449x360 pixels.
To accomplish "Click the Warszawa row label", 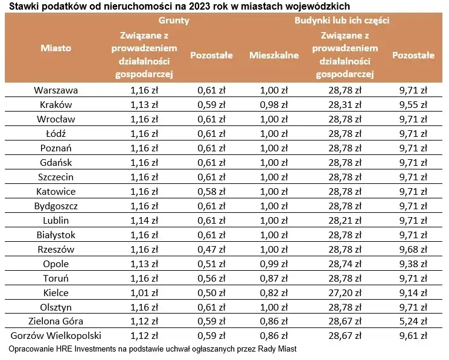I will [x=56, y=90].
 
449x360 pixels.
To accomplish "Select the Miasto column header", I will [x=56, y=47].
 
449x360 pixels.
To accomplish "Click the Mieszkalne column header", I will [x=274, y=55].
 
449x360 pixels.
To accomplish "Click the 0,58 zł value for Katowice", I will [x=211, y=192].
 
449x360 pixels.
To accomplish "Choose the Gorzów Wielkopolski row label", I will [x=56, y=335].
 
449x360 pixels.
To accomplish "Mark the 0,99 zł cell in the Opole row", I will [x=274, y=264].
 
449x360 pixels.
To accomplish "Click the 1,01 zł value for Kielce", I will [x=144, y=292].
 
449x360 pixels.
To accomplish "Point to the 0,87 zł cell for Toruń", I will [x=274, y=278].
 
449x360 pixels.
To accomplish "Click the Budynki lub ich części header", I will [x=341, y=20].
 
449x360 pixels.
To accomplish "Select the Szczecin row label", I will [x=56, y=177].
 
